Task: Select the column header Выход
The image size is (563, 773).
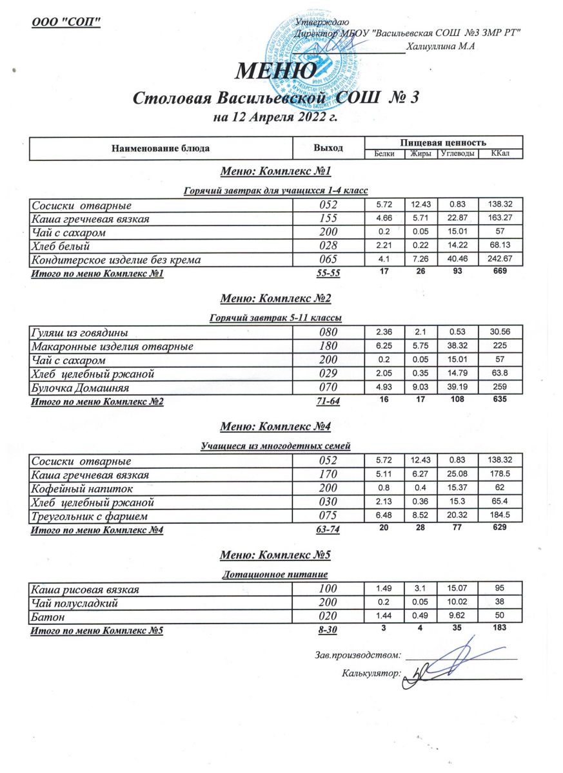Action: coord(328,148)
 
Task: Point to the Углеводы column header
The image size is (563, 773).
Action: coord(458,154)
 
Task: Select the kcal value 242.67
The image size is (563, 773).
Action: coord(500,260)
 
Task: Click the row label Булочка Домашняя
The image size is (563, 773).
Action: coord(81,388)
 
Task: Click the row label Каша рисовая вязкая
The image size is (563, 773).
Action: coord(86,589)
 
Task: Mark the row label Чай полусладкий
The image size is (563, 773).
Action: coord(73,603)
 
